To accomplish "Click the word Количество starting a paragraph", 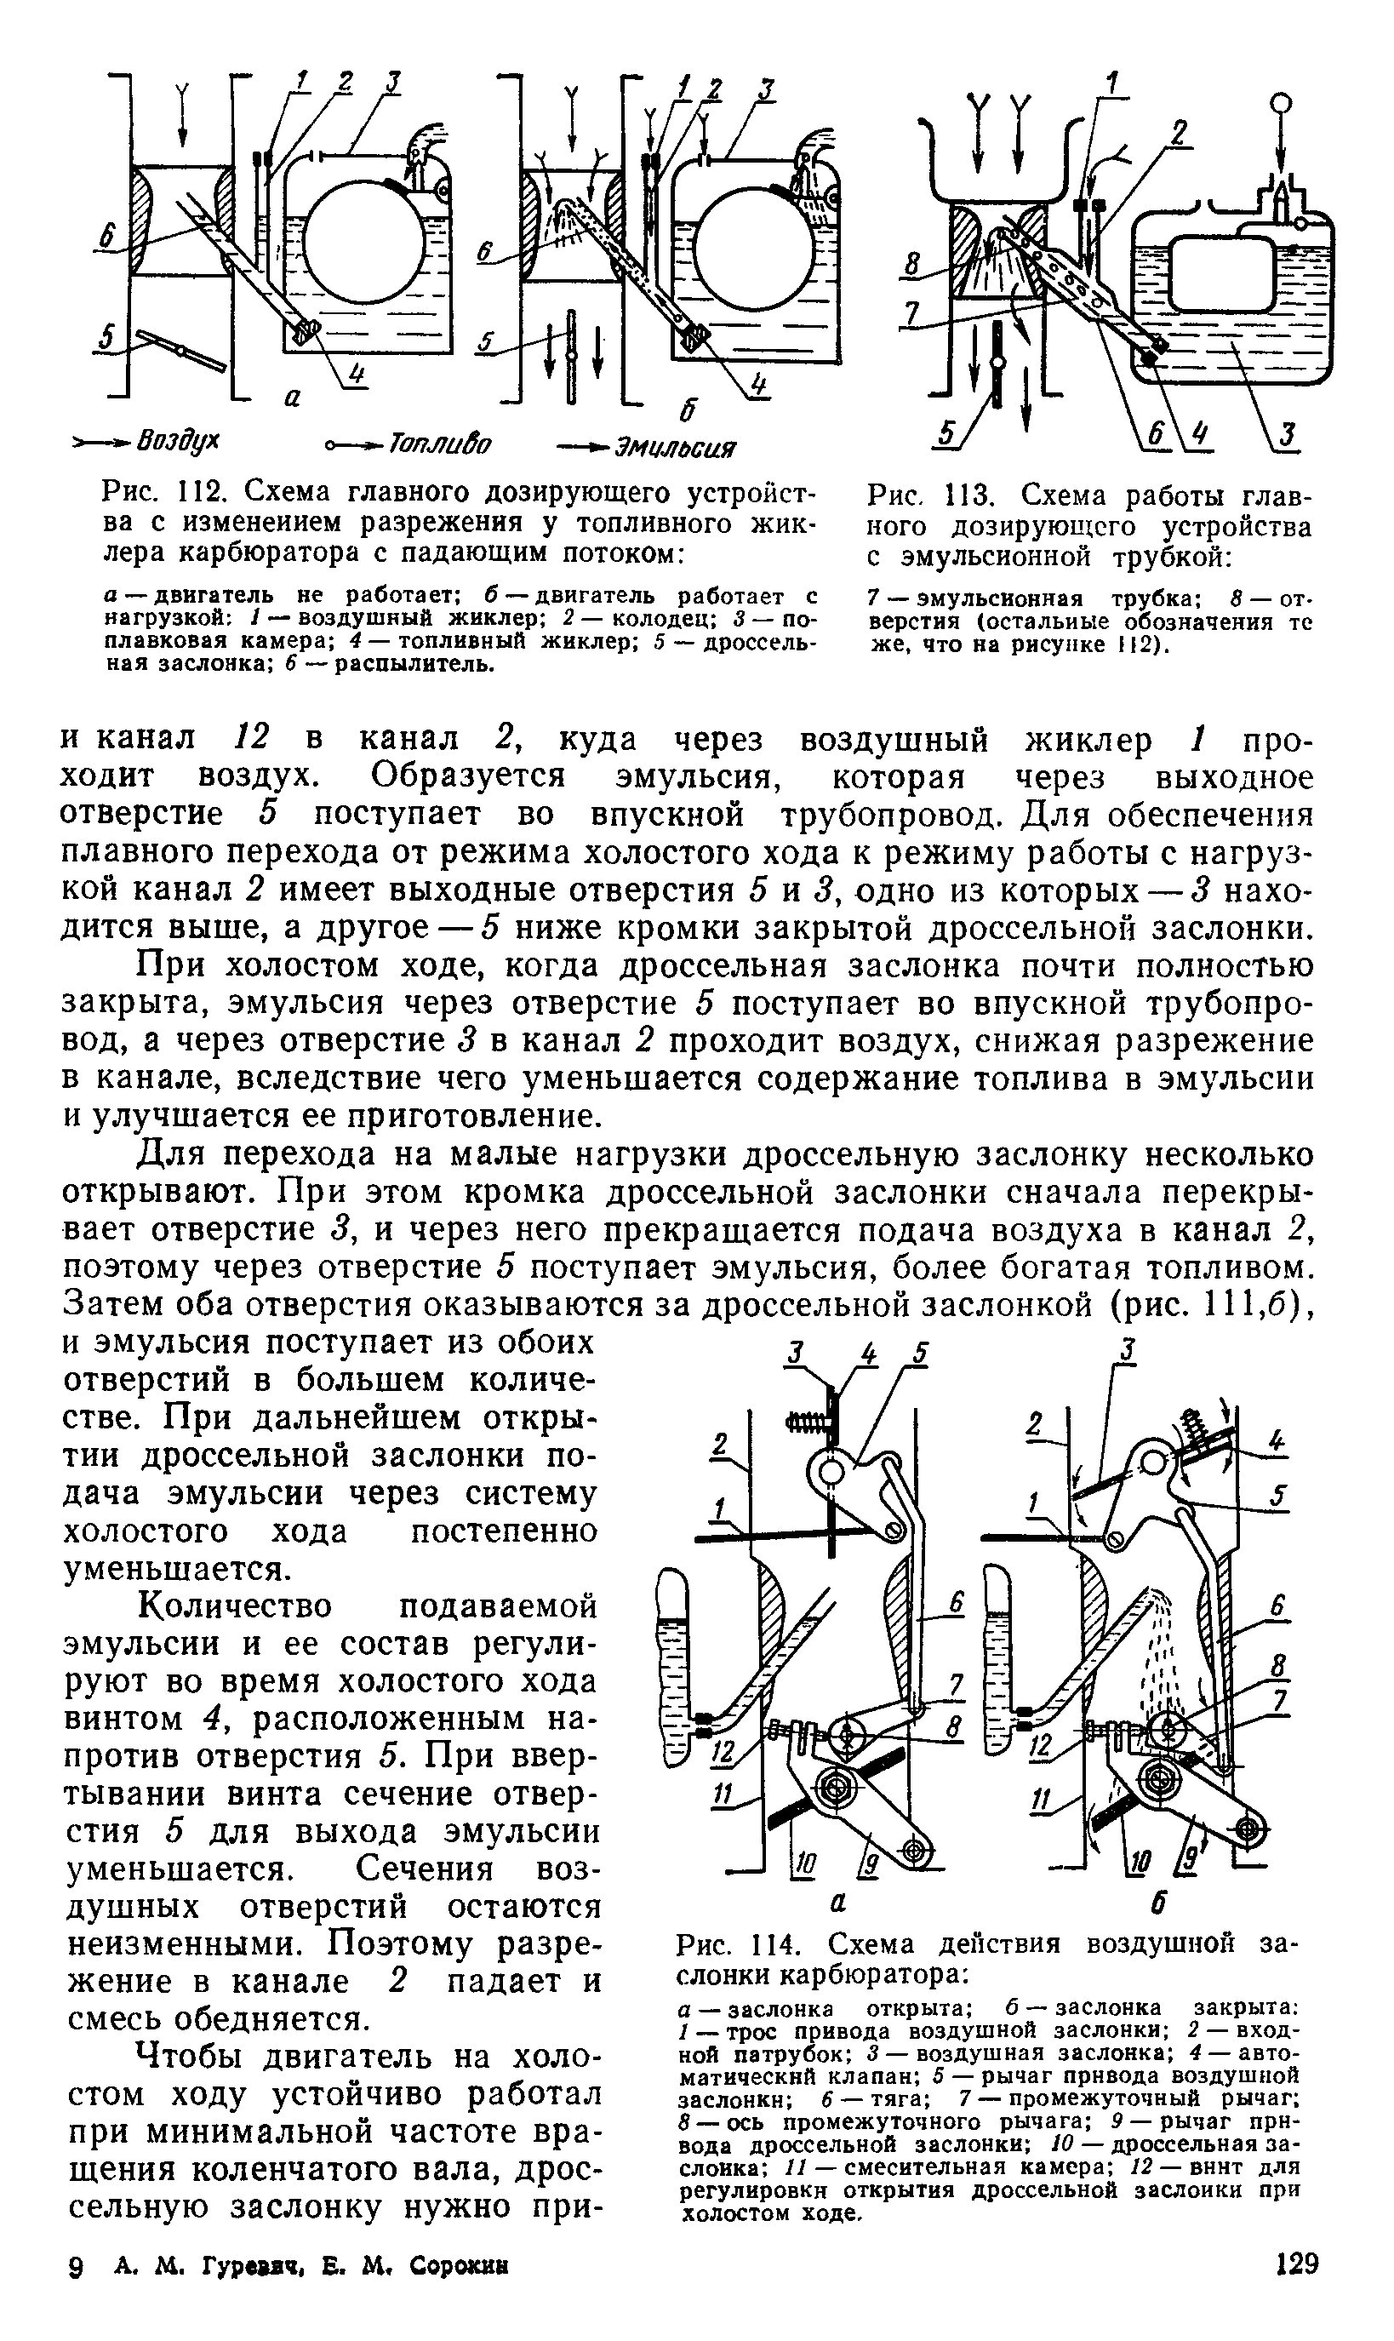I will point(235,1606).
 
